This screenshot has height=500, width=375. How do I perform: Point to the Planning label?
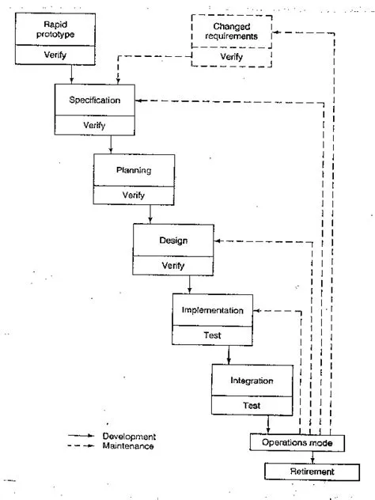pos(123,170)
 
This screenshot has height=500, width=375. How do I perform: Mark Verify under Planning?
pos(123,195)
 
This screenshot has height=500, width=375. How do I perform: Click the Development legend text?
pos(129,436)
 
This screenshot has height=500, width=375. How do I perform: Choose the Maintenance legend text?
pos(128,446)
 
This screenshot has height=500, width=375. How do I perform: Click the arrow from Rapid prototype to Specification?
pos(72,74)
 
